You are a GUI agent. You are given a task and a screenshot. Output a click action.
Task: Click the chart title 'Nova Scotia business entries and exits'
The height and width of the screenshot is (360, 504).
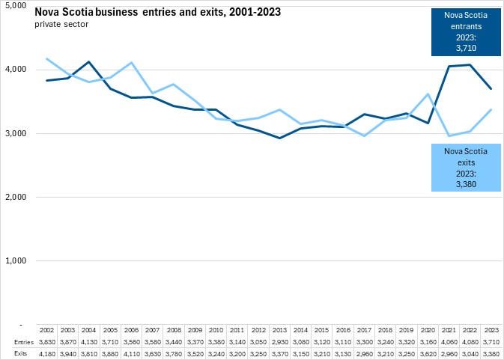pos(121,13)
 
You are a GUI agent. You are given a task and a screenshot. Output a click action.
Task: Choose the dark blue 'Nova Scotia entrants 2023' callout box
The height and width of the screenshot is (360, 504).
pos(465,31)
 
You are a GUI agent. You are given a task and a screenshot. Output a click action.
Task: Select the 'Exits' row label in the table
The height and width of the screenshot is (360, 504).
pos(13,353)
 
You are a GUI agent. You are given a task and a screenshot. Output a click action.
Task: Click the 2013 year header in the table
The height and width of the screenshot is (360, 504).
pos(279,330)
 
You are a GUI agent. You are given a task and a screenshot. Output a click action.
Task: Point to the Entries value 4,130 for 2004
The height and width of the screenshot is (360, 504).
pos(88,342)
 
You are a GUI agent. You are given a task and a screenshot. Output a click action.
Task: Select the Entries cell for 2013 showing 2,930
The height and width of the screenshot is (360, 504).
pos(279,342)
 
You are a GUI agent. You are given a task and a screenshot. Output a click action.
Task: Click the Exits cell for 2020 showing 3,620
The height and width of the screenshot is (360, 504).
pos(427,353)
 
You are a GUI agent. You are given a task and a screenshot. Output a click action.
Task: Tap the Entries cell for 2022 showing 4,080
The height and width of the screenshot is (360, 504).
pos(470,342)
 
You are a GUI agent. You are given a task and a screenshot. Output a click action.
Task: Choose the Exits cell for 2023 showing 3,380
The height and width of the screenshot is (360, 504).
pos(491,353)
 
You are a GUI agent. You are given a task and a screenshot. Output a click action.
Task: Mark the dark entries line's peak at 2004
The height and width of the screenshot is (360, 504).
pos(89,61)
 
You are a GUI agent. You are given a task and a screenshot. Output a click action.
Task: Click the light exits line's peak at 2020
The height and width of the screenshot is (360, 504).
pos(427,94)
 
